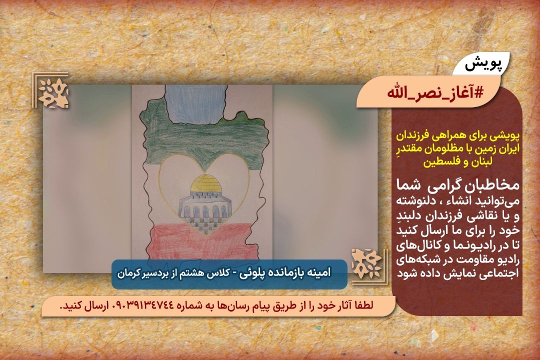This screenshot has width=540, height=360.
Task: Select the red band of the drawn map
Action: (x=203, y=241)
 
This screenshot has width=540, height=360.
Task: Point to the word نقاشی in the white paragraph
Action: (x=469, y=216)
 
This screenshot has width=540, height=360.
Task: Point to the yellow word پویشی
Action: (x=505, y=136)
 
